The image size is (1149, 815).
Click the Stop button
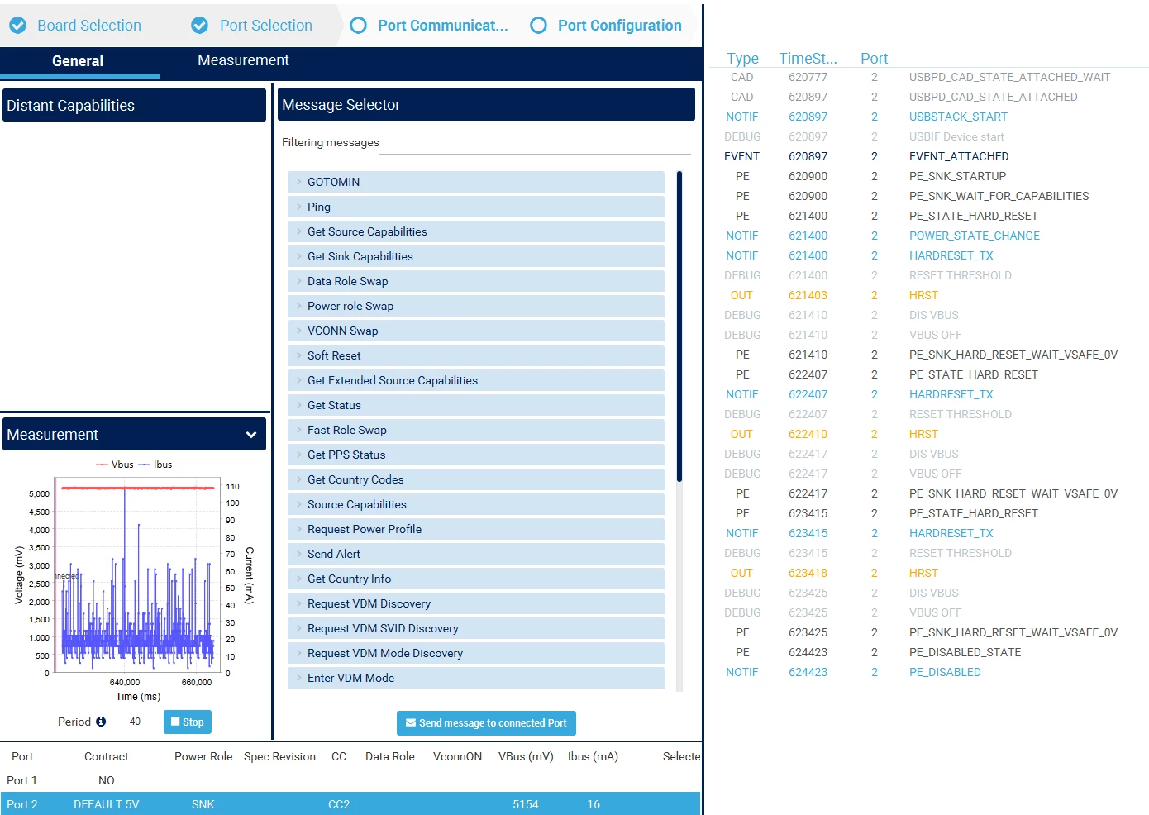(x=187, y=722)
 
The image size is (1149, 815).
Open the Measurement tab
(x=243, y=60)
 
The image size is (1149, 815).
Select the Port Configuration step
(x=606, y=25)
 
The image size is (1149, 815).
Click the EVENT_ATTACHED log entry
(x=959, y=156)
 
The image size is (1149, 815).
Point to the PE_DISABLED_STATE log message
(x=965, y=652)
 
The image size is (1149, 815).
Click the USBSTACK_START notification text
(x=958, y=117)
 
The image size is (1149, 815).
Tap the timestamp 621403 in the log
(x=808, y=295)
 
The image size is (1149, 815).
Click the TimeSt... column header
(x=808, y=59)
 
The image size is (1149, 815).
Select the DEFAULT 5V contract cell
(x=106, y=804)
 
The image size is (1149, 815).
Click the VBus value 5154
(x=526, y=804)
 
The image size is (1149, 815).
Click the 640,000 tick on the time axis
(x=125, y=682)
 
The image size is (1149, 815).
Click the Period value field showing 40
(x=135, y=722)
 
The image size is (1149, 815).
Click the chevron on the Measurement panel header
(x=250, y=435)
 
